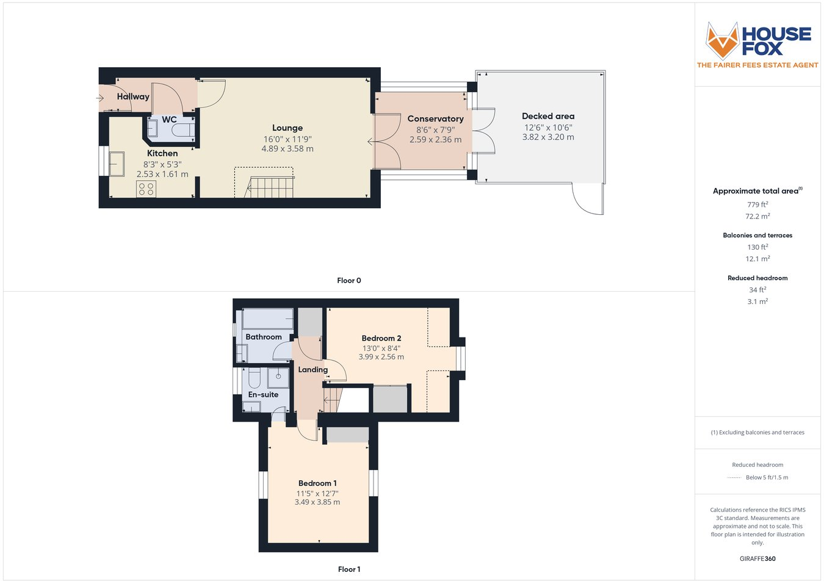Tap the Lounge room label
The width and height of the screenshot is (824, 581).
click(287, 128)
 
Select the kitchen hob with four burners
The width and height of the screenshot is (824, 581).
click(146, 189)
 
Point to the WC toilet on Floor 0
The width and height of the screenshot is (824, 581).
click(183, 130)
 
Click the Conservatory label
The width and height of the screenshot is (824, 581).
click(435, 119)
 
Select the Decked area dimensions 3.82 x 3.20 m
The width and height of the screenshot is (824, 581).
click(548, 137)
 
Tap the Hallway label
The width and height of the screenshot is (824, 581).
click(133, 96)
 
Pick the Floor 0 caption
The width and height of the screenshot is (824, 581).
click(349, 281)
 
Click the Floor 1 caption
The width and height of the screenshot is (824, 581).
click(349, 569)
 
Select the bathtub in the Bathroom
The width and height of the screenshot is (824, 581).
click(268, 319)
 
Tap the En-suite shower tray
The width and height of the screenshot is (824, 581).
click(280, 378)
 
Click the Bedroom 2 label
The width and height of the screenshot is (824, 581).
click(381, 338)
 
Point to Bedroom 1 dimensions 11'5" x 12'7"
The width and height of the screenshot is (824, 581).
click(317, 493)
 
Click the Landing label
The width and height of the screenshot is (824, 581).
click(313, 370)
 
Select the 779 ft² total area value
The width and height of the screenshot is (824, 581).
click(757, 204)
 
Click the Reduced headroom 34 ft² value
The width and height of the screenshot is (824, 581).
click(757, 290)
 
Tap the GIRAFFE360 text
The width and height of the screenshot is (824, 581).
click(757, 558)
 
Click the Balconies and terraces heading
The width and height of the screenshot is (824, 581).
click(757, 235)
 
